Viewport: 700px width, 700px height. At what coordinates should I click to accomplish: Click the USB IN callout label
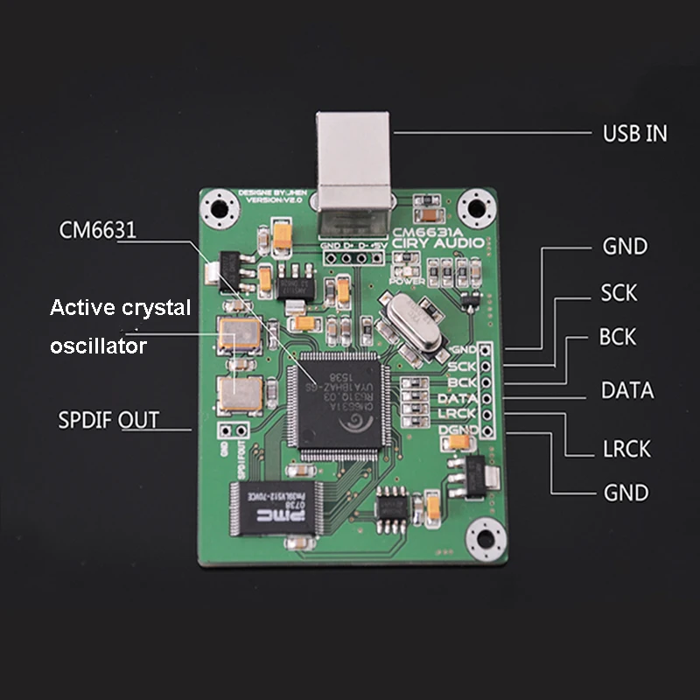tap(634, 134)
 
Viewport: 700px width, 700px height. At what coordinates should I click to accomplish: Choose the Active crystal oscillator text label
tap(120, 326)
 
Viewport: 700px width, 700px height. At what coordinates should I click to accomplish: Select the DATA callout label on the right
tap(626, 390)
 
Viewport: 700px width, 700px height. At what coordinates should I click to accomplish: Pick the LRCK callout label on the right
tap(626, 449)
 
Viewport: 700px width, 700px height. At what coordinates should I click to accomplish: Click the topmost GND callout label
tap(625, 247)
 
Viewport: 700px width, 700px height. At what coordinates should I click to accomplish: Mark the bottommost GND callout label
tap(626, 493)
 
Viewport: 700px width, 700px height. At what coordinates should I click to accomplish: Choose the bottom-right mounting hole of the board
tap(482, 535)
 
